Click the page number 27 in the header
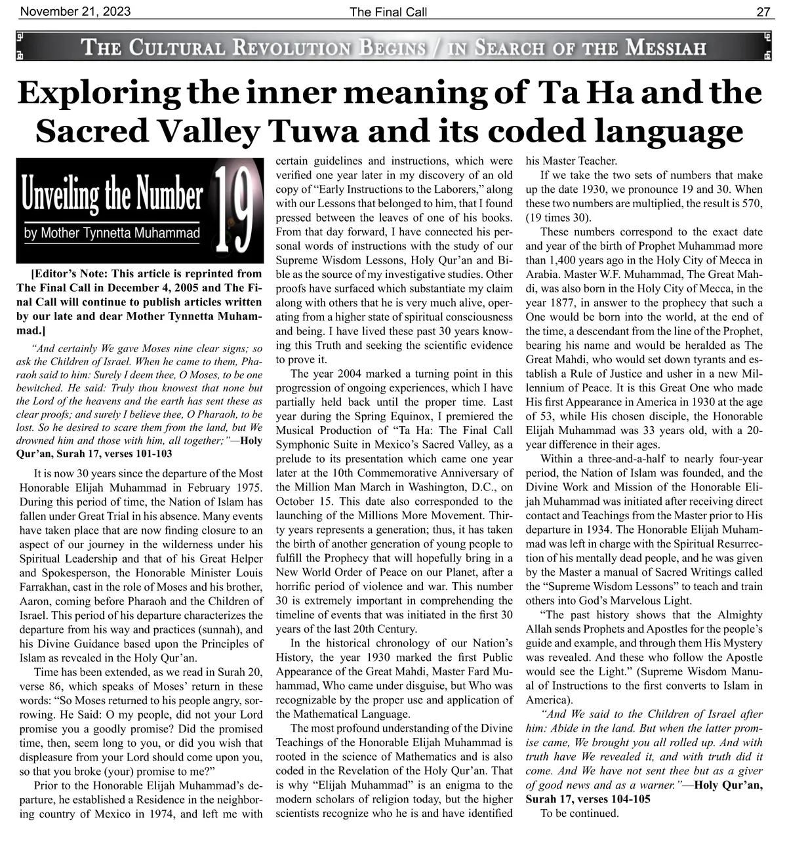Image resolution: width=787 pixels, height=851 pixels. click(x=763, y=11)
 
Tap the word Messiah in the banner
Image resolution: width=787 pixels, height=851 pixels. click(x=665, y=48)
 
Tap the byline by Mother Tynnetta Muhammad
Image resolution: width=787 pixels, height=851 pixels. click(x=111, y=233)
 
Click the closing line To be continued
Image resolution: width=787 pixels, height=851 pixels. click(x=579, y=814)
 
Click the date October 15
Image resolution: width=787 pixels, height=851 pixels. click(x=298, y=502)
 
